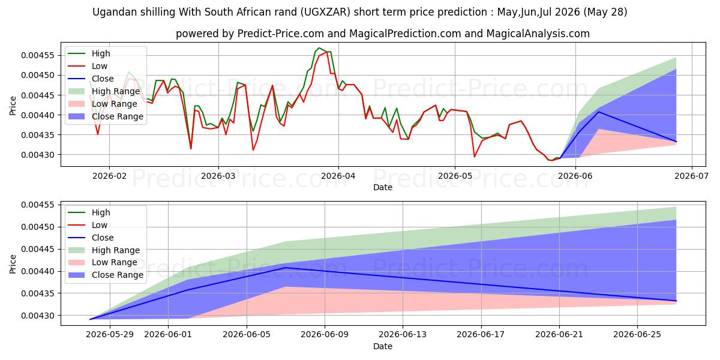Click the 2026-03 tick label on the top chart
click(x=218, y=176)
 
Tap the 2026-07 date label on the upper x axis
click(x=691, y=176)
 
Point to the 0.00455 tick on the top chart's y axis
click(x=38, y=56)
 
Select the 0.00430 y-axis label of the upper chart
click(x=38, y=155)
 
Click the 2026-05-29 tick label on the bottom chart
click(x=110, y=335)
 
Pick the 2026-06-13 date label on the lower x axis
click(x=403, y=335)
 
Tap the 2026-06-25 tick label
click(x=637, y=335)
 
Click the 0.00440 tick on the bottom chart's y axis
click(x=38, y=272)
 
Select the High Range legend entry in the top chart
click(x=104, y=91)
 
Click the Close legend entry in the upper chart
click(x=91, y=79)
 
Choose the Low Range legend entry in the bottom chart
click(x=103, y=263)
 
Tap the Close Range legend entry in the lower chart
click(x=106, y=275)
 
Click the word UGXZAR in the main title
click(x=325, y=12)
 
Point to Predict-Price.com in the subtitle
click(x=280, y=34)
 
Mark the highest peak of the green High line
click(x=319, y=48)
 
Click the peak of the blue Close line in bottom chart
click(x=286, y=268)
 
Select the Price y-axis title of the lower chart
click(x=13, y=264)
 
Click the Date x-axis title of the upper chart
click(x=383, y=187)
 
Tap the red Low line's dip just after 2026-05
click(x=475, y=157)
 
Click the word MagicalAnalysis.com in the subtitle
click(x=538, y=34)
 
